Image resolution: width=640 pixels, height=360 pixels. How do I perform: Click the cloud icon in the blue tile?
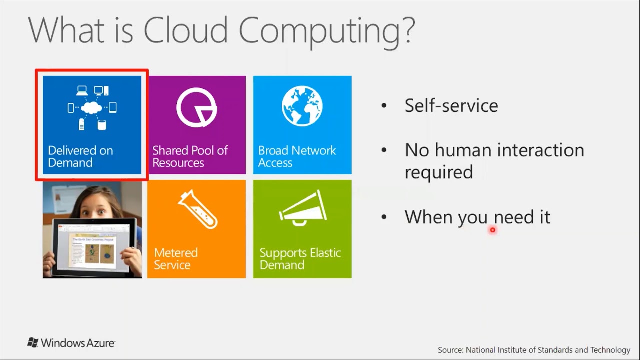(92, 107)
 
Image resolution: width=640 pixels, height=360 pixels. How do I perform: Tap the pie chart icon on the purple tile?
(196, 107)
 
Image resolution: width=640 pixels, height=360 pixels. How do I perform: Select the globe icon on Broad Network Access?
(302, 106)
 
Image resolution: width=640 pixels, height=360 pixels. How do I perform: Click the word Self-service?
(451, 105)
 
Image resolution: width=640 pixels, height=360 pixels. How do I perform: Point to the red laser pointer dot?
(492, 230)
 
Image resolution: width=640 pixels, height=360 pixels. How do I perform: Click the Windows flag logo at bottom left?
(33, 343)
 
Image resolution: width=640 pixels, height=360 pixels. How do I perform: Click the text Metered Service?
(175, 258)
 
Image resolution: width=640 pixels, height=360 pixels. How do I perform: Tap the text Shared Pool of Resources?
(190, 156)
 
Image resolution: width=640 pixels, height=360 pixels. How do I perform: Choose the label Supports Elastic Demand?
(300, 258)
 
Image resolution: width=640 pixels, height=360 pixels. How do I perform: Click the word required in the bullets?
(438, 172)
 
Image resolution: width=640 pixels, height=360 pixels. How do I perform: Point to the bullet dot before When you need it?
(384, 217)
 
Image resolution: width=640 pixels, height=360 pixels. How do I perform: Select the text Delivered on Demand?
(80, 156)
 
